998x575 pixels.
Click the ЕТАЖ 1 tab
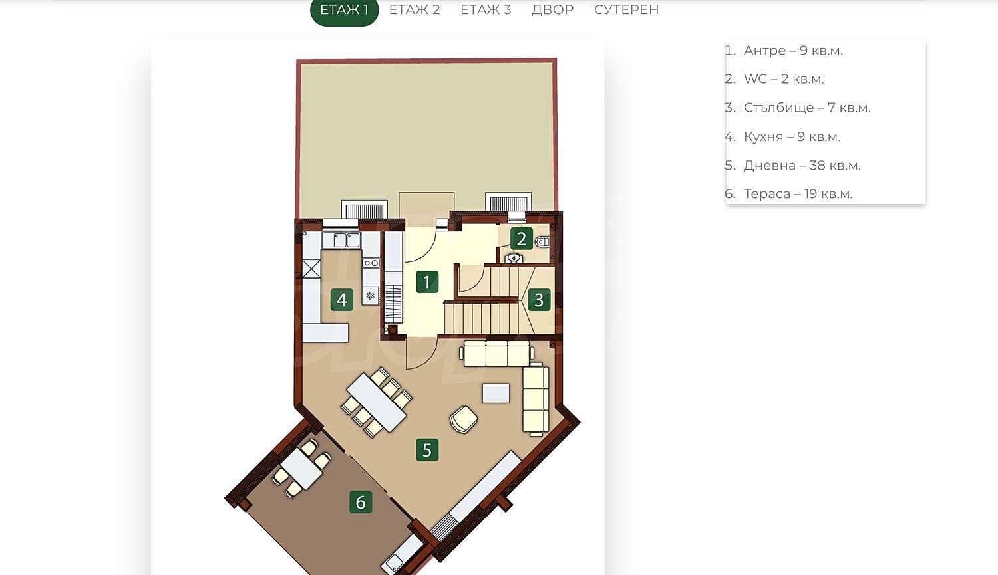(345, 10)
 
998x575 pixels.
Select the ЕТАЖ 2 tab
(415, 10)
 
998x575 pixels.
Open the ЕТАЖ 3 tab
(486, 10)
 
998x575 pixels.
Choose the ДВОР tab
(552, 10)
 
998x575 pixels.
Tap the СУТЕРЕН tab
(627, 10)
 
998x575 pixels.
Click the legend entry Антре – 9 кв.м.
(784, 51)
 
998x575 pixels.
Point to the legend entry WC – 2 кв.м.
(774, 79)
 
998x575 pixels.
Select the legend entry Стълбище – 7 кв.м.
(798, 108)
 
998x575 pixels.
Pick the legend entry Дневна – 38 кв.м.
(792, 166)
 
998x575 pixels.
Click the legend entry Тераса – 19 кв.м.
(788, 194)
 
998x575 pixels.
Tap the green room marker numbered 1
(427, 282)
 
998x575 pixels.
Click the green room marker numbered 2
(521, 239)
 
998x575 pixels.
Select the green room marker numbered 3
(539, 300)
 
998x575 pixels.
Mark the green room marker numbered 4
(342, 300)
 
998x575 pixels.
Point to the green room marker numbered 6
(361, 502)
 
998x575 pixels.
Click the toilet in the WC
(542, 243)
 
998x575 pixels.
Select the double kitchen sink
(347, 241)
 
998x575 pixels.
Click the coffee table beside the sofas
(496, 394)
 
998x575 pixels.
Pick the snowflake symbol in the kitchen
(370, 296)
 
